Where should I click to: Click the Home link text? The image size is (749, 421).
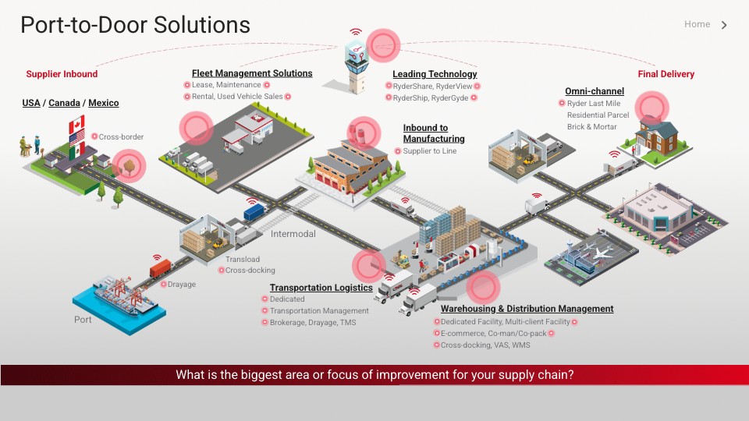(x=697, y=24)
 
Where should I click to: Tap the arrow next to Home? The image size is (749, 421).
(x=724, y=25)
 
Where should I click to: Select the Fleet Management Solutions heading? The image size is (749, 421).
(x=252, y=73)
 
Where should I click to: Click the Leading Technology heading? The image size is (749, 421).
(x=435, y=74)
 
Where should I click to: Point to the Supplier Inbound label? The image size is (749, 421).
(x=62, y=74)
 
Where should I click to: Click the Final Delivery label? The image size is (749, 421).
(x=666, y=74)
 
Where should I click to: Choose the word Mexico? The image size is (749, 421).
(x=104, y=103)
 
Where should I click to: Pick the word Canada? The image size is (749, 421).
(x=64, y=103)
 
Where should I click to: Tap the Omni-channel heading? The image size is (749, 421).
(x=595, y=91)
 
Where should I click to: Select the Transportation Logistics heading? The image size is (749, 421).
(x=321, y=288)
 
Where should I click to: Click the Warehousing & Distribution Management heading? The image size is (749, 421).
(x=527, y=309)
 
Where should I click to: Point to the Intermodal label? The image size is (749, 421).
(x=293, y=234)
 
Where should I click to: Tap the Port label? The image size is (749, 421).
(x=83, y=320)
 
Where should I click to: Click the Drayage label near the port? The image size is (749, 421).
(x=182, y=285)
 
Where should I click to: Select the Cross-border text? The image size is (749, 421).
(x=121, y=137)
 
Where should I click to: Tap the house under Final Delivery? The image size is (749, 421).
(x=655, y=135)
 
